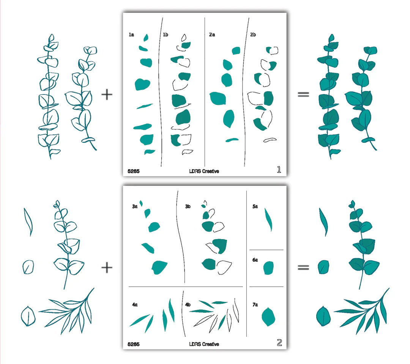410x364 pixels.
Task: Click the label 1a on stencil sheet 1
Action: click(131, 35)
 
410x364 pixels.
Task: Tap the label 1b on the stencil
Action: click(166, 35)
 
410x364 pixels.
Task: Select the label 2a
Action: click(212, 35)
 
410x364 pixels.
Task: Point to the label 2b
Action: click(253, 35)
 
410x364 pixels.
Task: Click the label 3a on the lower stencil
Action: click(135, 206)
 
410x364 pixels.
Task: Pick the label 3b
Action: click(188, 206)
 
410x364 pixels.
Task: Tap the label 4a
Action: click(135, 305)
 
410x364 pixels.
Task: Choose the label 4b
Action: click(188, 305)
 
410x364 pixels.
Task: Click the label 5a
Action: click(255, 206)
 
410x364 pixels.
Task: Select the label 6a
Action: click(255, 260)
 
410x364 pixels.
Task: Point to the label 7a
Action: click(255, 305)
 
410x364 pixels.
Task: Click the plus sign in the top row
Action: click(107, 95)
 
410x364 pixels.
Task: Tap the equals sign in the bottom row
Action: click(303, 267)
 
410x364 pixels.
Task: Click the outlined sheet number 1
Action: click(279, 170)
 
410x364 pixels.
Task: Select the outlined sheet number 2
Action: click(279, 343)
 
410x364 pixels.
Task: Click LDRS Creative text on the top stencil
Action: click(204, 171)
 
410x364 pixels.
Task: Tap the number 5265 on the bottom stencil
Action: click(133, 344)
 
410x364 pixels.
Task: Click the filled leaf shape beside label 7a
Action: click(268, 317)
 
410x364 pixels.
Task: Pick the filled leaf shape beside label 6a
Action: click(268, 268)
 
